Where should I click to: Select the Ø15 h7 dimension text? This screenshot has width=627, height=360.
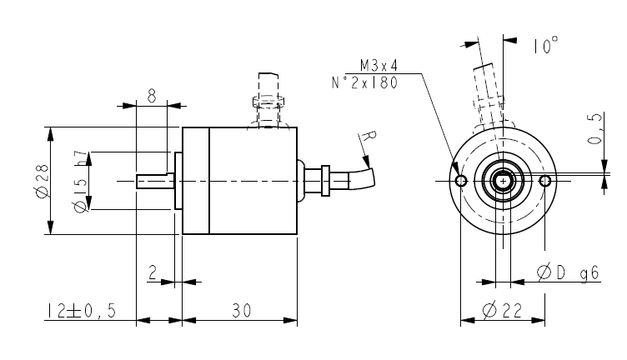point(80,181)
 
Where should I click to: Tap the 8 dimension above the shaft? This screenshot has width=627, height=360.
point(151,96)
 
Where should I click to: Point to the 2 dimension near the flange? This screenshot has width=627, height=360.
point(153,272)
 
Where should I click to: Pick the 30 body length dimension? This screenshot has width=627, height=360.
point(241,311)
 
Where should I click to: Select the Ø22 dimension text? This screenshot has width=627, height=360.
point(502,311)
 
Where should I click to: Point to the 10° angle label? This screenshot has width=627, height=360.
point(545,47)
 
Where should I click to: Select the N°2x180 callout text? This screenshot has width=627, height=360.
point(364,82)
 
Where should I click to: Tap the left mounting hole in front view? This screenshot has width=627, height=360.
point(460,181)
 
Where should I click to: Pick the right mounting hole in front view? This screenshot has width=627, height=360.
point(545,181)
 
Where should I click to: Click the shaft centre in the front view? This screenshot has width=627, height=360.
point(503,181)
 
